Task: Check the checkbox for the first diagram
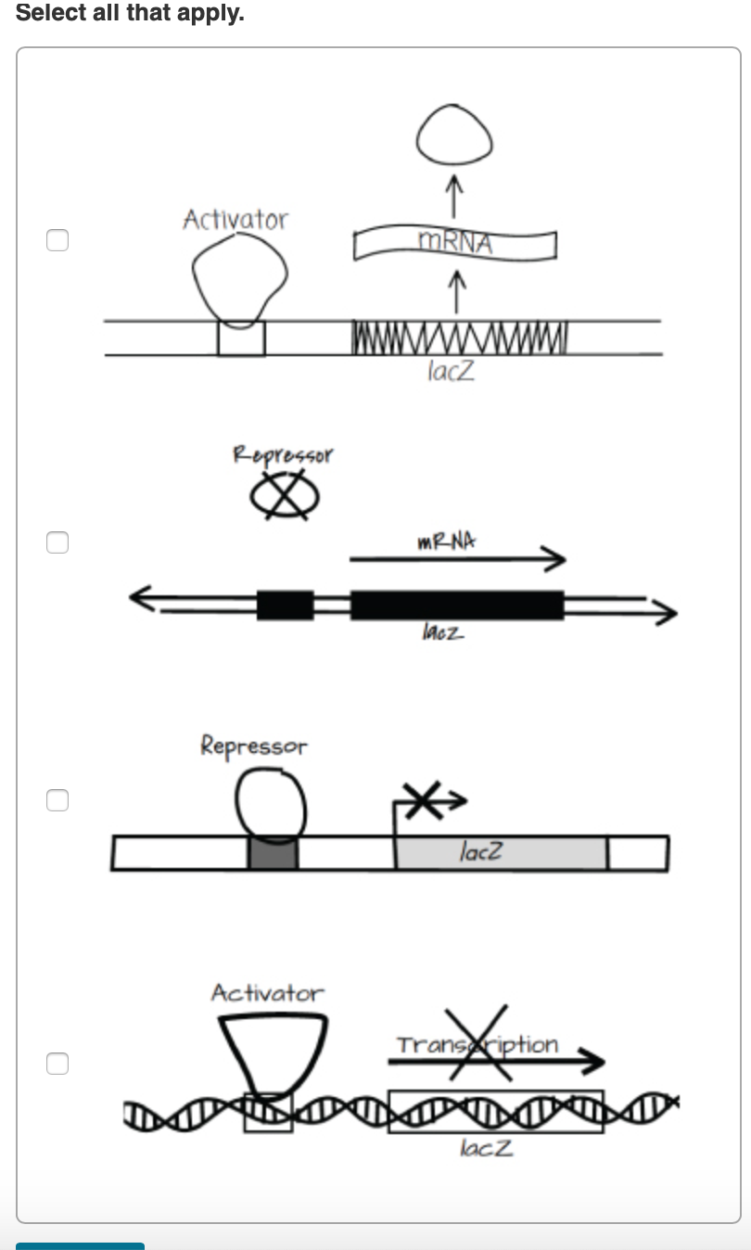[x=57, y=240]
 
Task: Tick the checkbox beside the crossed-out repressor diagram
[x=57, y=542]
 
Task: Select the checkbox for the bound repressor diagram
[x=57, y=800]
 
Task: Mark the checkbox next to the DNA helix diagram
[x=57, y=1063]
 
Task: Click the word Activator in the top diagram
[x=235, y=220]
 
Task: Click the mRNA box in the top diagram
[x=454, y=244]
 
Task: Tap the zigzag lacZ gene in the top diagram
[x=460, y=334]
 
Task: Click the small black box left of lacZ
[x=285, y=605]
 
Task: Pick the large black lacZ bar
[x=456, y=605]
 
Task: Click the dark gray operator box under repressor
[x=273, y=853]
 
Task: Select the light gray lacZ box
[x=501, y=852]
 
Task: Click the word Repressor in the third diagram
[x=253, y=746]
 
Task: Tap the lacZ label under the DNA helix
[x=485, y=1148]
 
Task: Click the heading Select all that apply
[x=130, y=14]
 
